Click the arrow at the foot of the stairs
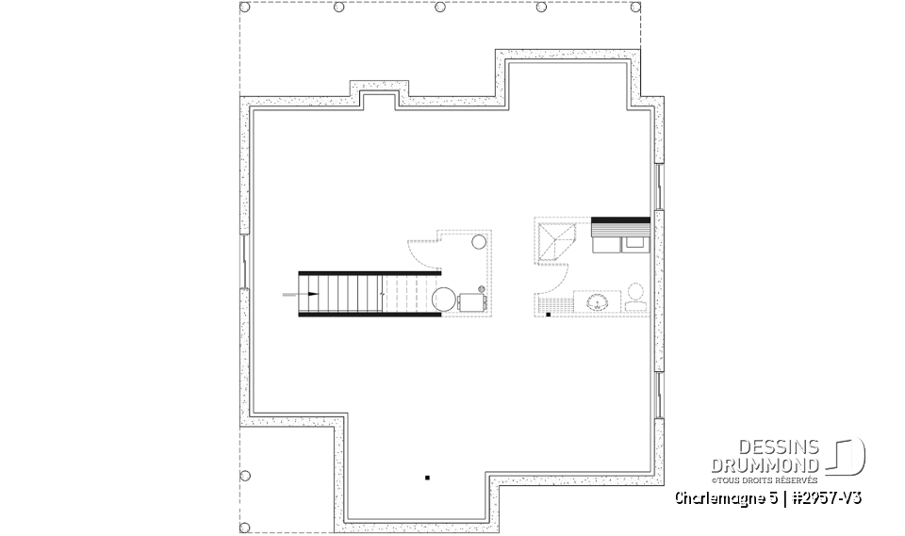294,295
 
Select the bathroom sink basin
596,302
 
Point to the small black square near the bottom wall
427,479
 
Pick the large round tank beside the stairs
443,300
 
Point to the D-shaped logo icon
848,456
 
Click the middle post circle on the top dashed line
440,8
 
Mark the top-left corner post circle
245,8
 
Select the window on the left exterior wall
245,260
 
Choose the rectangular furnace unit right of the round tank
471,301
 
